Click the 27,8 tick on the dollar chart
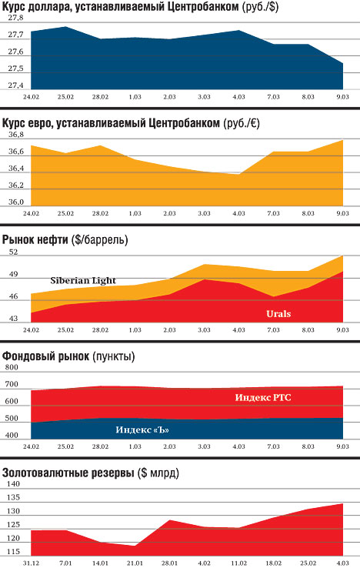coord(15,18)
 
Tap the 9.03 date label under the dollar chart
coord(342,97)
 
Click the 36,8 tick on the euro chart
coord(16,135)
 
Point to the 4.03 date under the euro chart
coord(238,213)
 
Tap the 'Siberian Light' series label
coord(83,280)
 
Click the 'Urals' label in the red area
coord(278,314)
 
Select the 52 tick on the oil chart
coord(13,252)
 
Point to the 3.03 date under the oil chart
coord(204,330)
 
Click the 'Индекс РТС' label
coord(263,397)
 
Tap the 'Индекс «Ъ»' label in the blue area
coord(142,429)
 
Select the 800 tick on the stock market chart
coord(12,367)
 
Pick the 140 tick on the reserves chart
coord(13,483)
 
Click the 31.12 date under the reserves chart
coord(31,563)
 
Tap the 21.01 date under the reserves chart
coord(135,563)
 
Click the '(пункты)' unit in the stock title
coord(113,356)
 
